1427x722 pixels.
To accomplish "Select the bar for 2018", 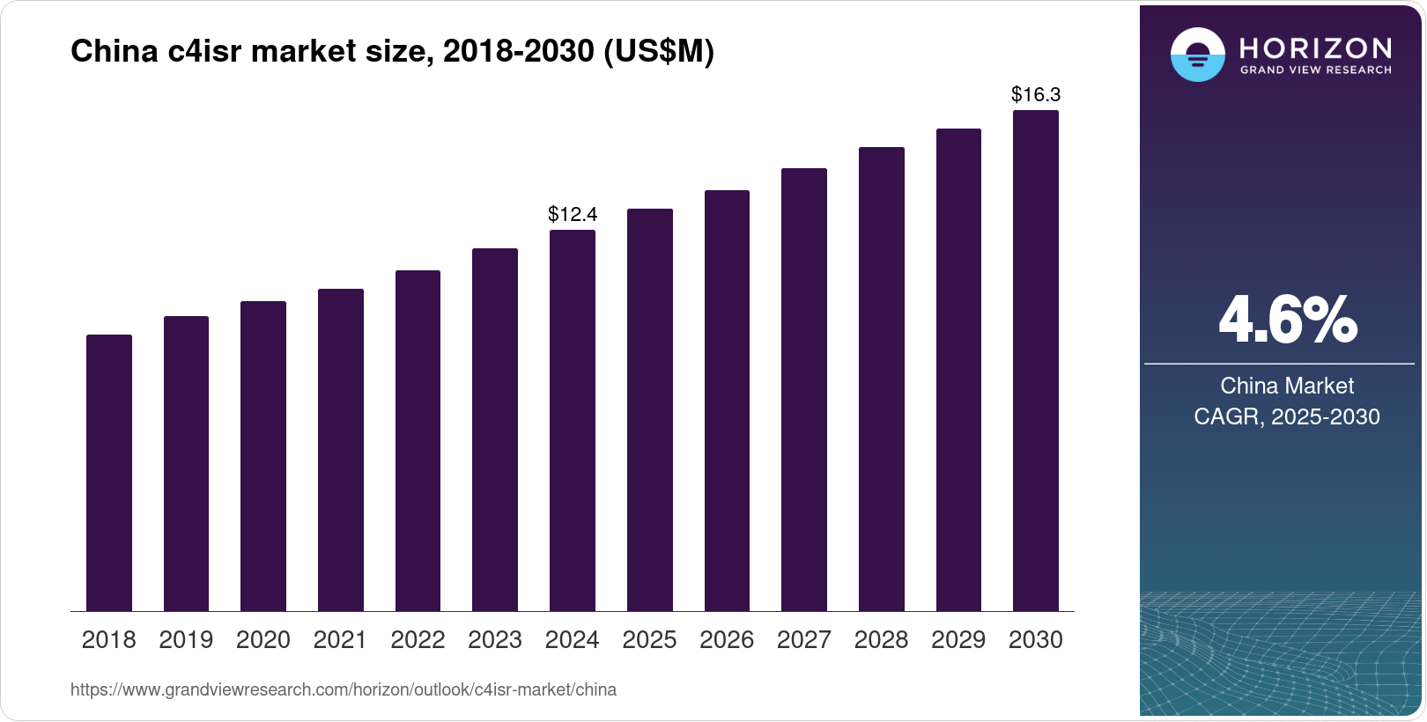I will pos(109,473).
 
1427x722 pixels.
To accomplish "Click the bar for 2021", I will pos(341,450).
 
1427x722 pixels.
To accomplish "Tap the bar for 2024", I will pos(573,421).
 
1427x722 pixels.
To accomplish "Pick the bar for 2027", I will pos(804,390).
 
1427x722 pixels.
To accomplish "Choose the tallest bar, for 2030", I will pos(1036,361).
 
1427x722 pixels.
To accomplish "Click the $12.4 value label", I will pos(573,214).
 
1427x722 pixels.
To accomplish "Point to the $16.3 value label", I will pos(1036,94).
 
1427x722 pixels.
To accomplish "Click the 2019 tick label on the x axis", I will pos(186,640).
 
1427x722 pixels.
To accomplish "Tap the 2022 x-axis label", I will pos(418,640).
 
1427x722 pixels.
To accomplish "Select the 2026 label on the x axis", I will pos(727,640).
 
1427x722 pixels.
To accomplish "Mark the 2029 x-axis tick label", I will pos(958,640).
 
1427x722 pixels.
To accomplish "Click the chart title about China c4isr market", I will pos(392,52).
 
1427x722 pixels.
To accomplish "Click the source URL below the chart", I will pos(344,689).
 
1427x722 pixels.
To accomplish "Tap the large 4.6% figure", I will pos(1287,320).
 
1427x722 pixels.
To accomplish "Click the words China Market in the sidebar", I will pos(1287,386).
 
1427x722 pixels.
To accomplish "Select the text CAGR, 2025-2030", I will pos(1287,416).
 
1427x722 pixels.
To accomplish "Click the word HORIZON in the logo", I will pos(1315,48).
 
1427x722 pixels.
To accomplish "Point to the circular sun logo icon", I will pos(1197,55).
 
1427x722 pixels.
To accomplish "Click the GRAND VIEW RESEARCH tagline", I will pos(1315,70).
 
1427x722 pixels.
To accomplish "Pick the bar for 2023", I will pos(495,430).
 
